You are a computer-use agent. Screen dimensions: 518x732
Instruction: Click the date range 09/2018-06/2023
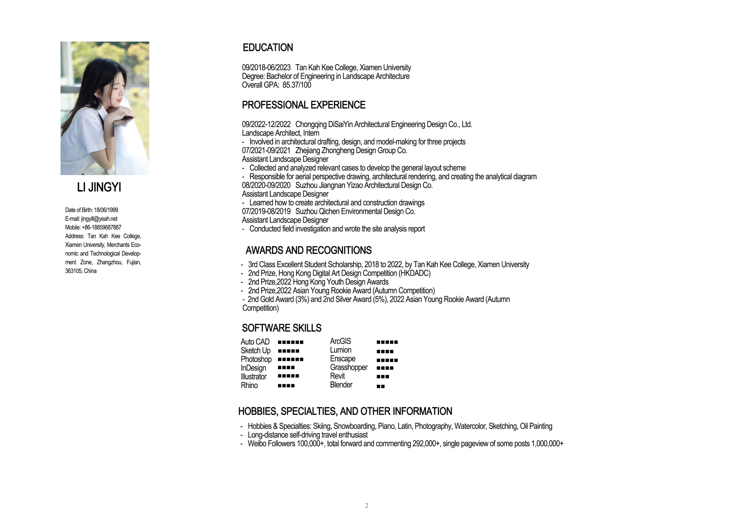[x=266, y=68]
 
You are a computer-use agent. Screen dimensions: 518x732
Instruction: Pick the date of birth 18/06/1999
[x=106, y=210]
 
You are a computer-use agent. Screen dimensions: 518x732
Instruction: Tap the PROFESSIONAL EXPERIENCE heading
[x=304, y=105]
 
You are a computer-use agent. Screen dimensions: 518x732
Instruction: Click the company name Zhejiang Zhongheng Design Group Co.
[x=351, y=150]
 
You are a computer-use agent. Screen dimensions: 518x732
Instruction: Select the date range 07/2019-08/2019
[x=266, y=211]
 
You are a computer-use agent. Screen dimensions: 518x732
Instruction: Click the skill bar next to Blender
[x=381, y=386]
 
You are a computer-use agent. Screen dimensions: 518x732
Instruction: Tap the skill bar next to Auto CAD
[x=290, y=342]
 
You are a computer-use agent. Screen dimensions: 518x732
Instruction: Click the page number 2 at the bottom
[x=367, y=505]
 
